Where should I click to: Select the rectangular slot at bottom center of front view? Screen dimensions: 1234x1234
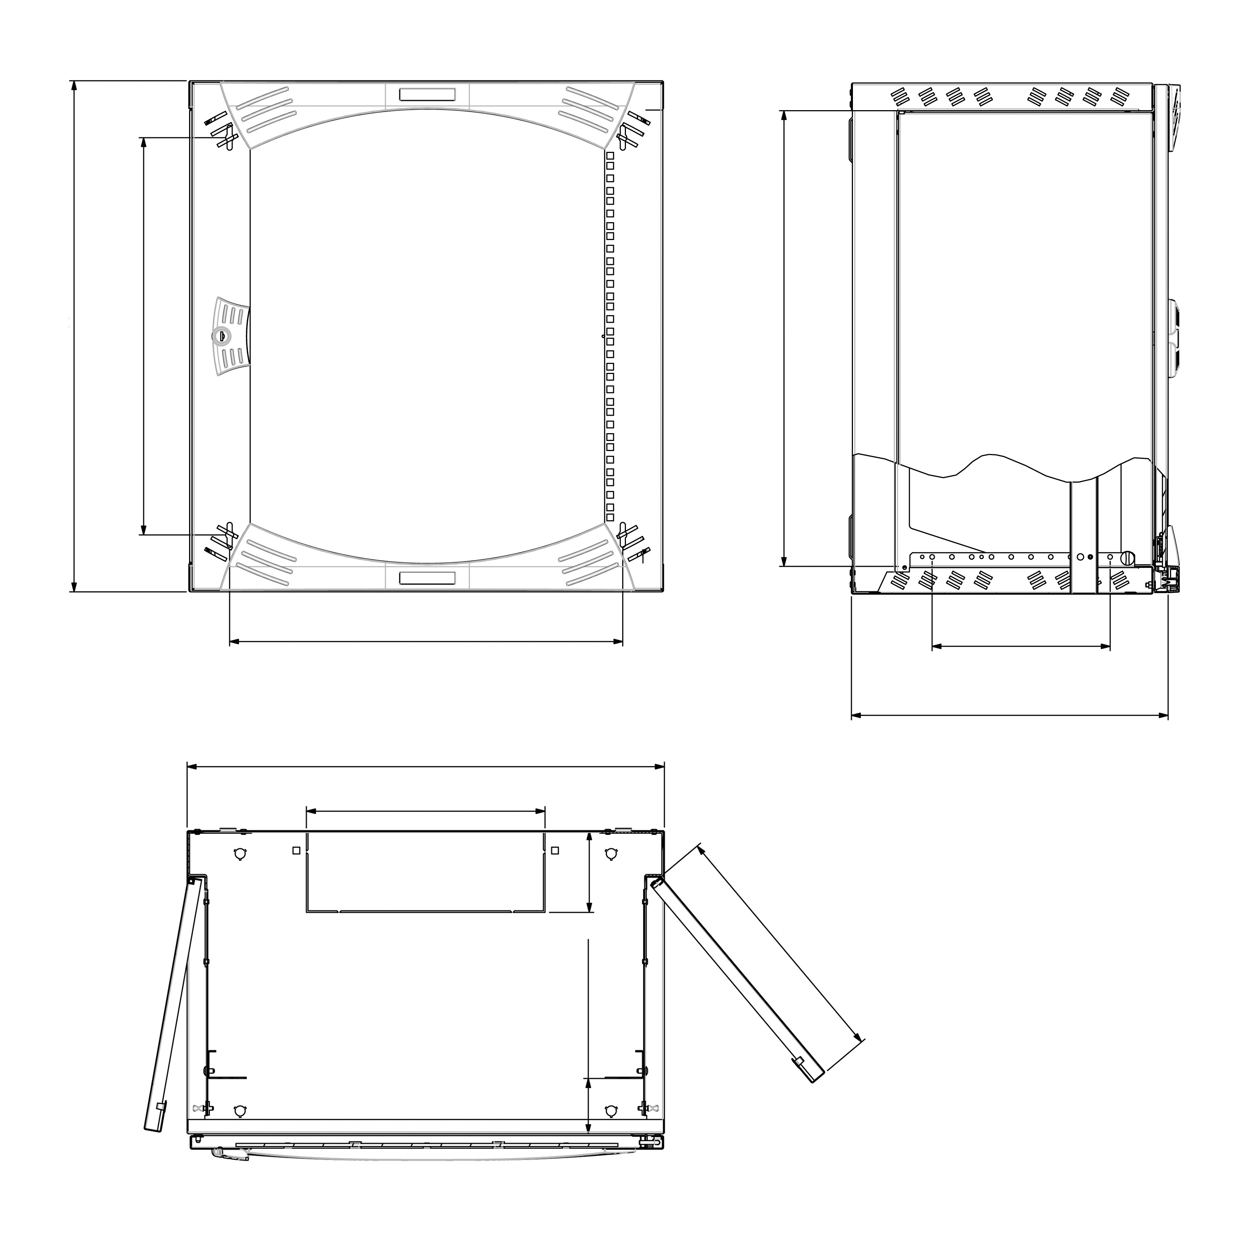pyautogui.click(x=427, y=578)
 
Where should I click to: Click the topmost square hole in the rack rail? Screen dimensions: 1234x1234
pyautogui.click(x=610, y=155)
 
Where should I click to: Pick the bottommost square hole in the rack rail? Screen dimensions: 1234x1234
pyautogui.click(x=610, y=517)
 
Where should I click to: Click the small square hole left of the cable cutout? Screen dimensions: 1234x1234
pyautogui.click(x=296, y=850)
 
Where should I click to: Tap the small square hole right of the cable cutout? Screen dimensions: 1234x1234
pyautogui.click(x=554, y=850)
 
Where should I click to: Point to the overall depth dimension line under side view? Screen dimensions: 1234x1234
pyautogui.click(x=1009, y=715)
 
